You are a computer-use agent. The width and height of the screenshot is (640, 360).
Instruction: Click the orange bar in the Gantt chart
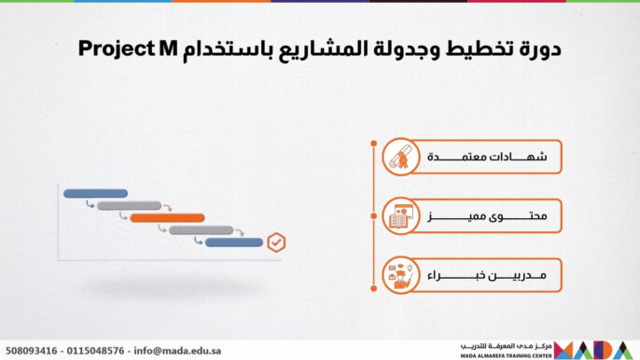click(167, 218)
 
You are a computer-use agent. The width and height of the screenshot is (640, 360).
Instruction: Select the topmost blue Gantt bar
click(95, 194)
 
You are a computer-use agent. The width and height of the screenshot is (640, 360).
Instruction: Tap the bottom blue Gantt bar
click(233, 242)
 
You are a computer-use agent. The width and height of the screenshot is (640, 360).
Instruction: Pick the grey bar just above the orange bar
click(129, 206)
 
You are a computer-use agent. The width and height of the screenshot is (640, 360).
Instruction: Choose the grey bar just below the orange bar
click(201, 230)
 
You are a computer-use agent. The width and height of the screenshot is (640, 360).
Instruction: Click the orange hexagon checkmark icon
click(276, 242)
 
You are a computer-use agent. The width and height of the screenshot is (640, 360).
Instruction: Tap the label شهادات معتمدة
click(487, 157)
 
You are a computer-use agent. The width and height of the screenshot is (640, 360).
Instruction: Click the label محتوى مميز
click(487, 216)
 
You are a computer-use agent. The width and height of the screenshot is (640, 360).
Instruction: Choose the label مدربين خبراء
click(487, 276)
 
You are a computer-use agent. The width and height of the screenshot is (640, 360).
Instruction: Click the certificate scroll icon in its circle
click(399, 158)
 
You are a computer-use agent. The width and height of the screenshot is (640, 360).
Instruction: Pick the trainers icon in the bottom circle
click(399, 276)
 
